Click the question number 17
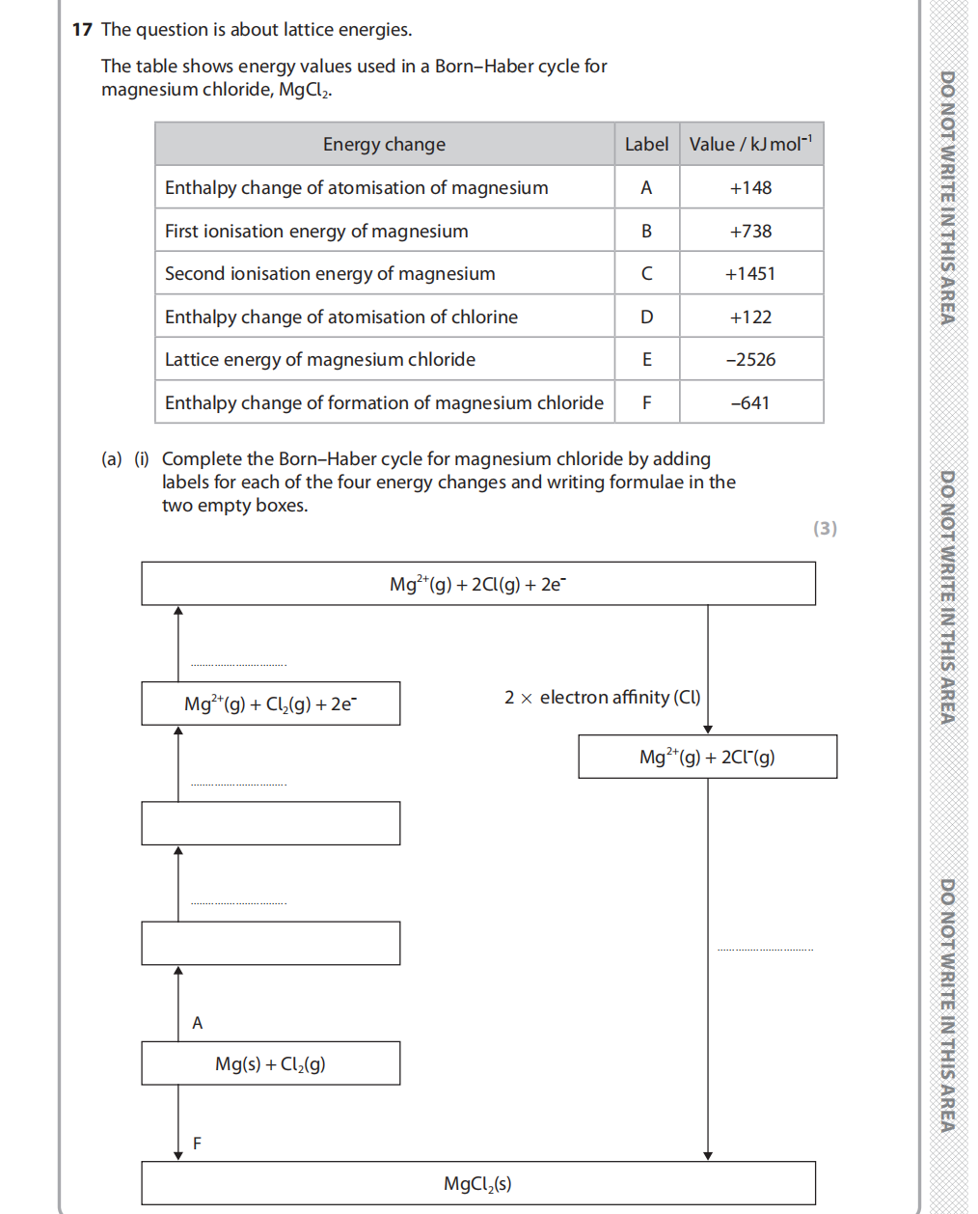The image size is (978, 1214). pyautogui.click(x=82, y=30)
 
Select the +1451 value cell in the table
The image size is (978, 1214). pyautogui.click(x=750, y=274)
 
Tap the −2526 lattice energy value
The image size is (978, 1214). pyautogui.click(x=750, y=360)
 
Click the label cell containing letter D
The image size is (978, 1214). pyautogui.click(x=646, y=317)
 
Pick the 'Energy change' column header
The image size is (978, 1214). pyautogui.click(x=384, y=145)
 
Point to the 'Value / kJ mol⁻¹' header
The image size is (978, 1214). pyautogui.click(x=750, y=145)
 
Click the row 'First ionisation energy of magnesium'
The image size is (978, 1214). pyautogui.click(x=316, y=232)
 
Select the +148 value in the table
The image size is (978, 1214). pyautogui.click(x=750, y=188)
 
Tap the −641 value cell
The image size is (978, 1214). pyautogui.click(x=750, y=403)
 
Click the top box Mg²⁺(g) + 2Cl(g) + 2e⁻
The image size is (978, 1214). pyautogui.click(x=477, y=584)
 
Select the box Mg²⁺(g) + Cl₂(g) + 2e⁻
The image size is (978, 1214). pyautogui.click(x=270, y=704)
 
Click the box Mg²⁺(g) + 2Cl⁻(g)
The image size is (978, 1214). pyautogui.click(x=707, y=757)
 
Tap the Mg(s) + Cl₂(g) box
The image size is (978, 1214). pyautogui.click(x=270, y=1063)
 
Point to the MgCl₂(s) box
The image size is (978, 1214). pyautogui.click(x=477, y=1183)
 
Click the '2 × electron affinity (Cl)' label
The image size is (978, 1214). pyautogui.click(x=602, y=698)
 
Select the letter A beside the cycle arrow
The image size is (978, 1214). pyautogui.click(x=198, y=1023)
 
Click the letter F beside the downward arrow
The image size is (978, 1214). pyautogui.click(x=198, y=1144)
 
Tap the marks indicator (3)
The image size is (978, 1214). pyautogui.click(x=825, y=528)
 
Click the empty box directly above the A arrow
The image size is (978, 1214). pyautogui.click(x=270, y=943)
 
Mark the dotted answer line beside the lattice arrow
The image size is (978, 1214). pyautogui.click(x=765, y=948)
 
